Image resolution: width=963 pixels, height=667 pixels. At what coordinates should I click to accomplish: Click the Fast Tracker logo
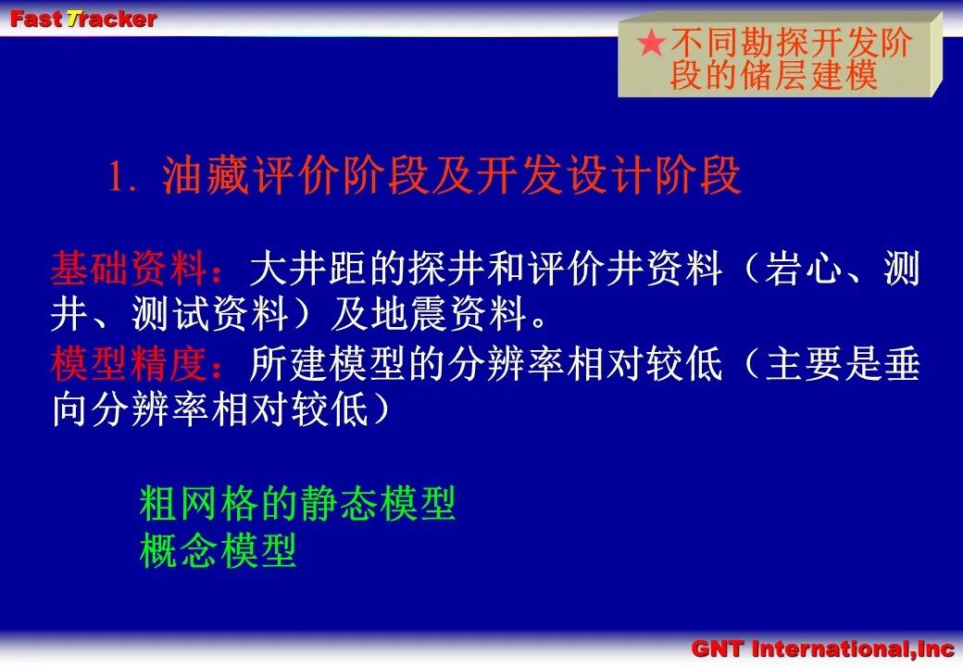(83, 19)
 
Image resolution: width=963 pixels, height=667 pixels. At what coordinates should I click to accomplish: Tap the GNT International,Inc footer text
(822, 648)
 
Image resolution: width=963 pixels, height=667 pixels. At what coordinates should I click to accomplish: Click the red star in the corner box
(651, 43)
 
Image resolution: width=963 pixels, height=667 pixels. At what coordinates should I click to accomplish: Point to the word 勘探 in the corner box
(774, 43)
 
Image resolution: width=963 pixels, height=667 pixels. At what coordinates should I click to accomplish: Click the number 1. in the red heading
(122, 177)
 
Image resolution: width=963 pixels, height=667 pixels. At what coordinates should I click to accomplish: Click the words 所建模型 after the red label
(328, 363)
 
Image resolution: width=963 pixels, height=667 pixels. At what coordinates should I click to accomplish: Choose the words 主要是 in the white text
(823, 363)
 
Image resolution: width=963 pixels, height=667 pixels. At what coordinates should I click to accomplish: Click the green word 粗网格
(198, 504)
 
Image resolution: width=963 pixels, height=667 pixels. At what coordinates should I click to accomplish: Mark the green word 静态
(336, 504)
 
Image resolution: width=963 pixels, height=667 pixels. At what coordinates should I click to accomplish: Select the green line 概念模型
(218, 550)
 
